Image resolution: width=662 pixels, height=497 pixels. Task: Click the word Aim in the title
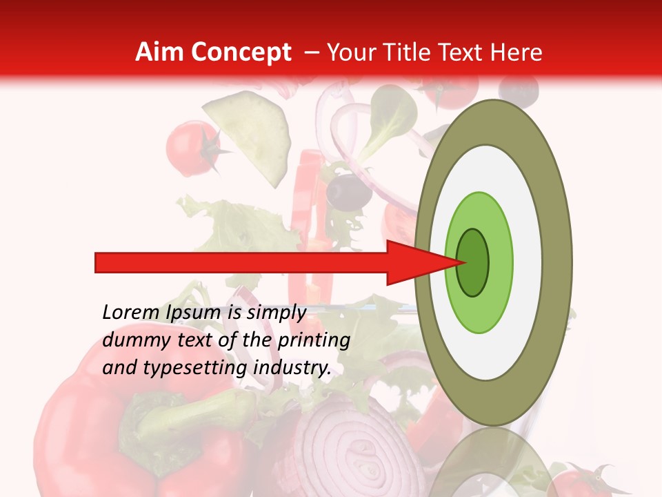pyautogui.click(x=159, y=52)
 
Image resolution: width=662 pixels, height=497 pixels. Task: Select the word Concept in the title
pyautogui.click(x=241, y=52)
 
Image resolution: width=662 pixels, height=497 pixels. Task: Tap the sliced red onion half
pyautogui.click(x=352, y=449)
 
